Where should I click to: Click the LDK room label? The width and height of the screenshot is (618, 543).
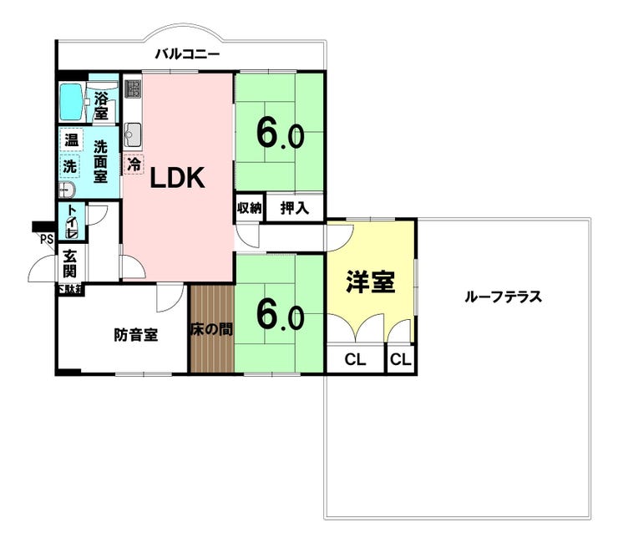177,179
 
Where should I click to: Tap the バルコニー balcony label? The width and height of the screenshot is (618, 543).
187,56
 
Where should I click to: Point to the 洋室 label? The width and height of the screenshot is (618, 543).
370,282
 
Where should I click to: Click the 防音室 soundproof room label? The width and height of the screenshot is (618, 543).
136,335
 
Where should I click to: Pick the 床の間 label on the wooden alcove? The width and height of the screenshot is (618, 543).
211,329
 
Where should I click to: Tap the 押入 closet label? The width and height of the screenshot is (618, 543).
295,208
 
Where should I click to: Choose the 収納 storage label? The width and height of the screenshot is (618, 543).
250,207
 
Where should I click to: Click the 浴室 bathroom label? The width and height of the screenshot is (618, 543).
101,104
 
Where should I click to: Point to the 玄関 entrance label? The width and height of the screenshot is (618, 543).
69,264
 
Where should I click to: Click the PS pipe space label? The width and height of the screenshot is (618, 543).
45,240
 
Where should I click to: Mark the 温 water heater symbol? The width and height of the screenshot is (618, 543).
71,140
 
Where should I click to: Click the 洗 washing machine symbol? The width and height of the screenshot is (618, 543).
71,165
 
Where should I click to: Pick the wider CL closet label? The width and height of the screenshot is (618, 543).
355,360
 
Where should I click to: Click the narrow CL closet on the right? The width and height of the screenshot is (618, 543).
400,360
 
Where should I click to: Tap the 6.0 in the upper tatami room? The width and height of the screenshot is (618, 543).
279,133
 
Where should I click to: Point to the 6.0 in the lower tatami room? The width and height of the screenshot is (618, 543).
279,315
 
